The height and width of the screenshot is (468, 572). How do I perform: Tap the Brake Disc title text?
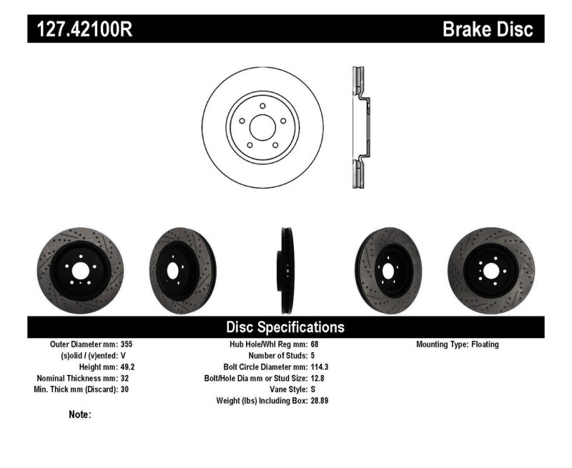tap(488, 29)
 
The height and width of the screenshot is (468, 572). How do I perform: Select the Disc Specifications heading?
tap(285, 327)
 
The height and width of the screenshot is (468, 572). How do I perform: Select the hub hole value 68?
tap(315, 344)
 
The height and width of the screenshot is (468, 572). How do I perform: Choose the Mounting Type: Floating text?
tap(458, 344)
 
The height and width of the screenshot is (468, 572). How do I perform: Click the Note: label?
tap(79, 414)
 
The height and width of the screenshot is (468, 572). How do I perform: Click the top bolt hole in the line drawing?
tap(263, 106)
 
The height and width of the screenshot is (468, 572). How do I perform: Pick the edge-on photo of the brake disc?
tap(285, 270)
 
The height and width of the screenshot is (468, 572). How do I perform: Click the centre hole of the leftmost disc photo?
tap(80, 270)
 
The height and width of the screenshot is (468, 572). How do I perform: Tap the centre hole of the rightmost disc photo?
tap(490, 270)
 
